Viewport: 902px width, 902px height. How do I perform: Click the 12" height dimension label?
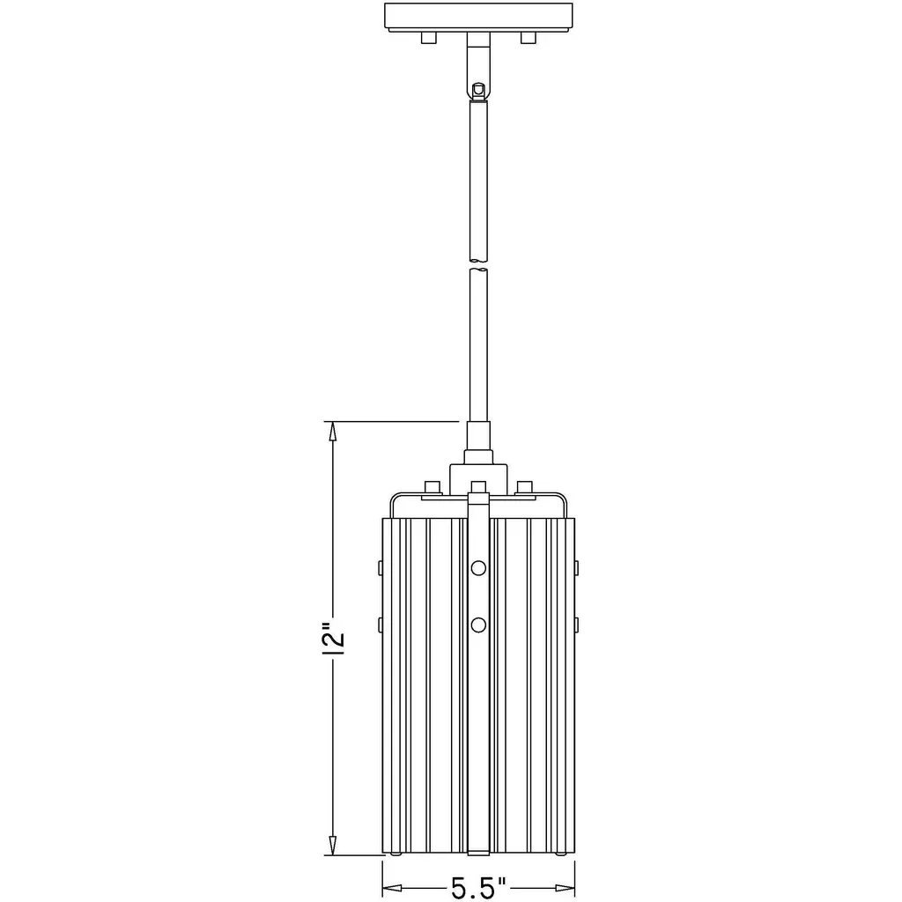[334, 639]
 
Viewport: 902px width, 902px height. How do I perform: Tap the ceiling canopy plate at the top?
[478, 17]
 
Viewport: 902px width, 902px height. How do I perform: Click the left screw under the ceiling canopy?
[429, 37]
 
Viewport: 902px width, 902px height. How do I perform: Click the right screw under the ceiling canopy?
[529, 37]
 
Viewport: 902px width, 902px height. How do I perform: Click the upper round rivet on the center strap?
[478, 568]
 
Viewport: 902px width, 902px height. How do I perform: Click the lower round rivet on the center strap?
[478, 625]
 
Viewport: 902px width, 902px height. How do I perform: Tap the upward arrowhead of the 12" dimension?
[332, 432]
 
